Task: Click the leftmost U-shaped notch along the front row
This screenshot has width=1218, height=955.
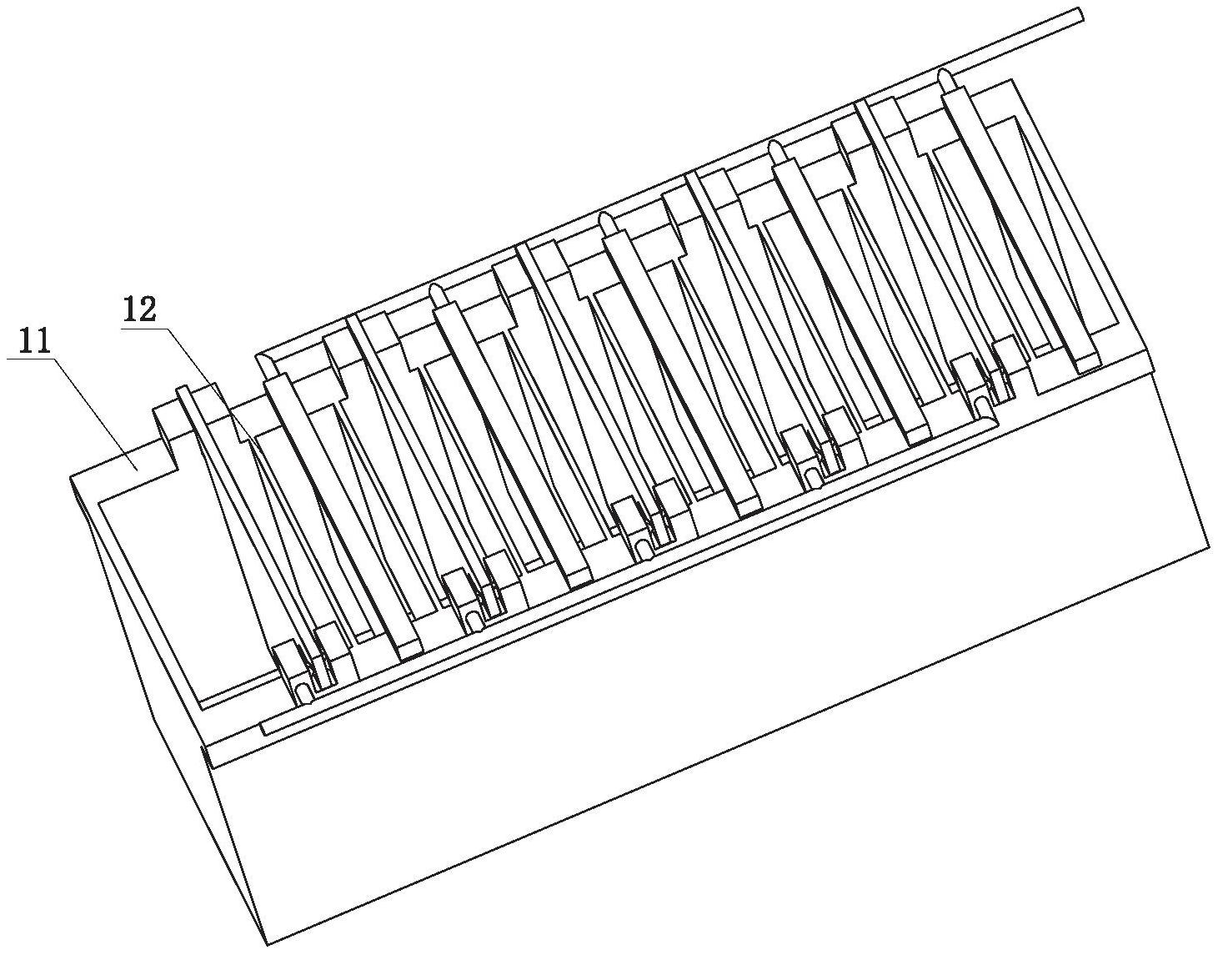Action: [303, 693]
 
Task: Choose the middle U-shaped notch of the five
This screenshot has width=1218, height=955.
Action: [641, 550]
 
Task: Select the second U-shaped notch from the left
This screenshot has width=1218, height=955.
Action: [472, 622]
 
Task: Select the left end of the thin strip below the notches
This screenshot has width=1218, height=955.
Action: [263, 729]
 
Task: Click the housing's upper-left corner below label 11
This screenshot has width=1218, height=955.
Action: [71, 478]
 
